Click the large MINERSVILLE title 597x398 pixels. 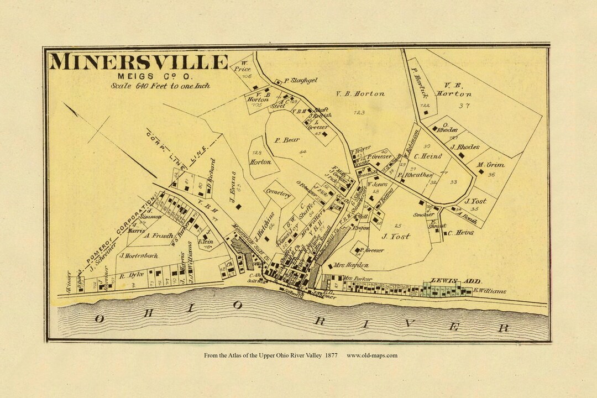click(138, 61)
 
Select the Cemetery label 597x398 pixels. click(278, 193)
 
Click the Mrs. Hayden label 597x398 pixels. click(350, 265)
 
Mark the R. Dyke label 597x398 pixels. click(132, 274)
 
